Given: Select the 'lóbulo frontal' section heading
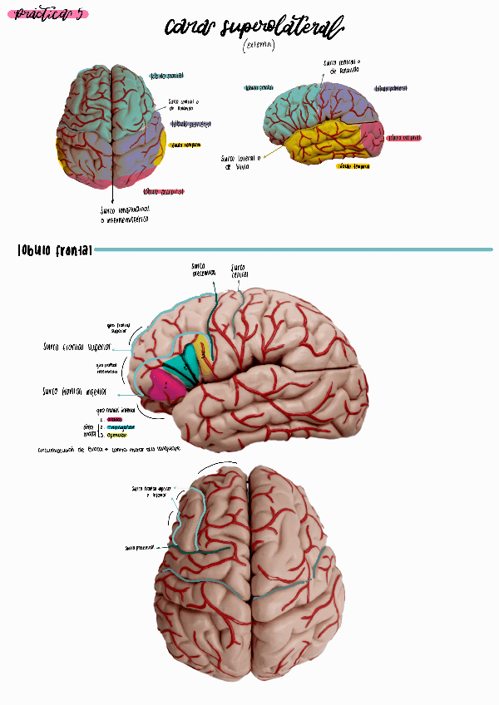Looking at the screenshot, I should click(55, 249).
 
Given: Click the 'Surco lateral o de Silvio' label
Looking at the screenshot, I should click(240, 161).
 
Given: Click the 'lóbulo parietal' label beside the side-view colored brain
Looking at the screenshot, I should click(390, 87).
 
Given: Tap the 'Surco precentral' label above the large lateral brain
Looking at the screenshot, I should click(203, 269).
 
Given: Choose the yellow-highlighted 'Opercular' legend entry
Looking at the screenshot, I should click(117, 435).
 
